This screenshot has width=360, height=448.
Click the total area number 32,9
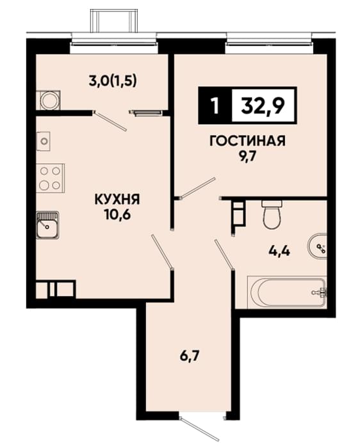(263, 106)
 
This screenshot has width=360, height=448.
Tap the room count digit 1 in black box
(215, 106)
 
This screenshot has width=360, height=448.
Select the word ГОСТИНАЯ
(248, 141)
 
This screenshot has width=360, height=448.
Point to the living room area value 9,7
(247, 157)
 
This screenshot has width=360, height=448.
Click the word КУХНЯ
(117, 200)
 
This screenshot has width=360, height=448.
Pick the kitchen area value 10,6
(117, 215)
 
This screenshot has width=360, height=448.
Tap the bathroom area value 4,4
(279, 251)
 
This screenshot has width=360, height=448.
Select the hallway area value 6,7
(190, 356)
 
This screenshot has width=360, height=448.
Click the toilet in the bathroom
(272, 214)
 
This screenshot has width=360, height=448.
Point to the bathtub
(287, 292)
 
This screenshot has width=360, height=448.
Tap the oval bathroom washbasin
(317, 246)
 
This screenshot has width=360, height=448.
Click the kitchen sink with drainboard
(47, 225)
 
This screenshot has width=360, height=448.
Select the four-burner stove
(51, 178)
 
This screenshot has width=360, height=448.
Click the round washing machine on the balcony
(50, 100)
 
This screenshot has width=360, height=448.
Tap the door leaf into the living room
(197, 188)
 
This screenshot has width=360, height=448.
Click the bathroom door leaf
(224, 254)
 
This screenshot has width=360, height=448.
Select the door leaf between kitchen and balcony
(110, 122)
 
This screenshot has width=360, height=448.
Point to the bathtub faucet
(320, 292)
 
